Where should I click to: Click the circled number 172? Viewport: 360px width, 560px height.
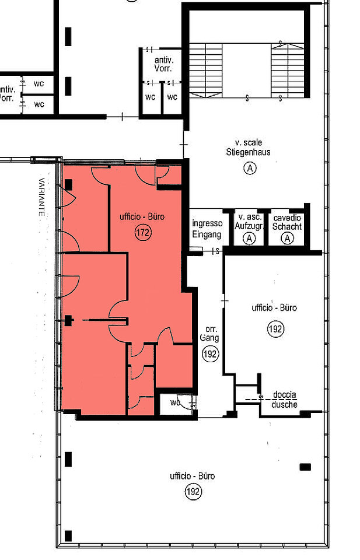[143, 233]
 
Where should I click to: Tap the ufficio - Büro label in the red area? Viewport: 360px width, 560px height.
[142, 217]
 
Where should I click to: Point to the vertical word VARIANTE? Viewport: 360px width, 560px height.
[42, 197]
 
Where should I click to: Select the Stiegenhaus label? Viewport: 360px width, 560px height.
[248, 152]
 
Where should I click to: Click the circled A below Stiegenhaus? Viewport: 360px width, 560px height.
[250, 168]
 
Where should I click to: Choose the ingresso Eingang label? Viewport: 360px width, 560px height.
[207, 229]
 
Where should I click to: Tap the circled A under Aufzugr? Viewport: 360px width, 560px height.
[249, 238]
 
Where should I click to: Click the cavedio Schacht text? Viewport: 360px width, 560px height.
[287, 222]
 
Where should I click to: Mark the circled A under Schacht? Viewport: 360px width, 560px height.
[288, 238]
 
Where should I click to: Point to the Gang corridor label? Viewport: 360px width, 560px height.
[209, 333]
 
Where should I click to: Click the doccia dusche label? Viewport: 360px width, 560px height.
[284, 400]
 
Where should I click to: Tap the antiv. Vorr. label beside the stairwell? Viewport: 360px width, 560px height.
[163, 64]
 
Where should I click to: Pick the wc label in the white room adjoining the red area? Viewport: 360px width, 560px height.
[175, 403]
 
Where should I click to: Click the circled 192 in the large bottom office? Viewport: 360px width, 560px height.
[193, 492]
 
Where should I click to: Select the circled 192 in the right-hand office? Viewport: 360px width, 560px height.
[275, 329]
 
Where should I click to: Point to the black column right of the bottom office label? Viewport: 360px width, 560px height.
[305, 467]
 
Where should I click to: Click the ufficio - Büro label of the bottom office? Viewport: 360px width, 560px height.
[193, 476]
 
